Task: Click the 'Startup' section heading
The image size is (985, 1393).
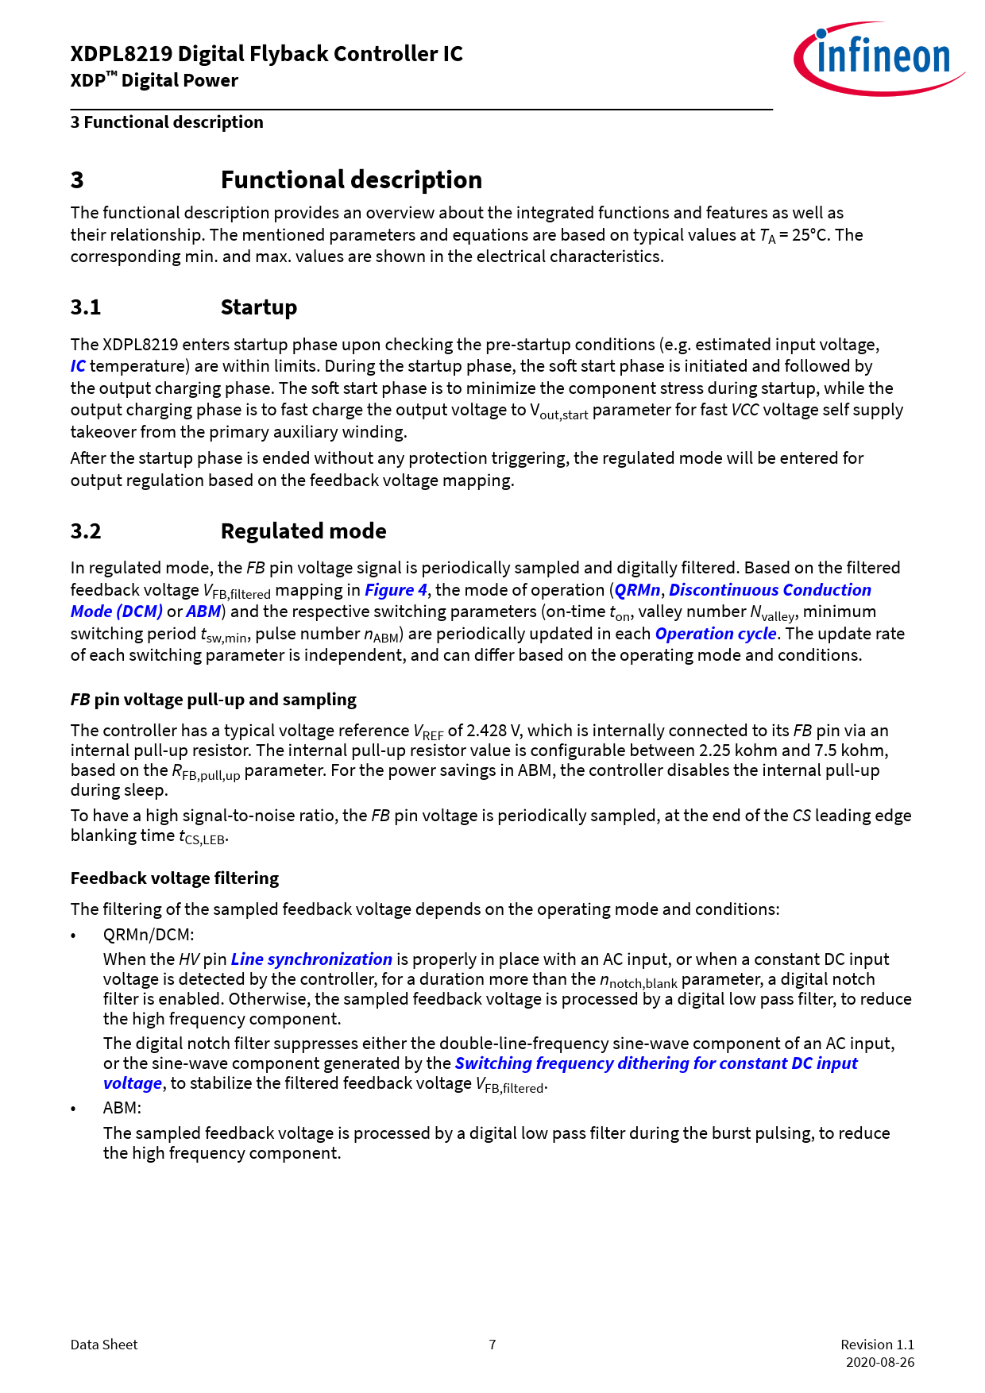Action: point(258,307)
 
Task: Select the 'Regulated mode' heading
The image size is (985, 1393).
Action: point(303,531)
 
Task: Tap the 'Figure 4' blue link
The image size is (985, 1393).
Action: point(396,590)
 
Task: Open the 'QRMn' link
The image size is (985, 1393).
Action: point(637,590)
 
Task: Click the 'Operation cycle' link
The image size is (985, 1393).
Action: point(715,634)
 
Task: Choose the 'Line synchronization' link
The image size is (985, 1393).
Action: point(311,959)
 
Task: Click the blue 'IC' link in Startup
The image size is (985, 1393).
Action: point(78,366)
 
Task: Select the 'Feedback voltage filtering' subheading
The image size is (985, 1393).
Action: point(175,878)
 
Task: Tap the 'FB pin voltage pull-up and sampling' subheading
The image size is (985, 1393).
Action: point(213,700)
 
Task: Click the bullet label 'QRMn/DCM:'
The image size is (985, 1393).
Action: point(149,935)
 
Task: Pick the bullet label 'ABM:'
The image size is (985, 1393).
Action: point(122,1108)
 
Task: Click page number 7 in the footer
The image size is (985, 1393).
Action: point(492,1345)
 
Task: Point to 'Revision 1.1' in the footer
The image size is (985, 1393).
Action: point(877,1345)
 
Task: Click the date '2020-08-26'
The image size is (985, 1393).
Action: point(879,1362)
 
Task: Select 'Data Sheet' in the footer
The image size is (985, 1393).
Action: point(104,1345)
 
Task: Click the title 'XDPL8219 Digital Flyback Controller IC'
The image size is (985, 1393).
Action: point(266,54)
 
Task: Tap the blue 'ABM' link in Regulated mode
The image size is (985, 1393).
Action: point(203,612)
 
